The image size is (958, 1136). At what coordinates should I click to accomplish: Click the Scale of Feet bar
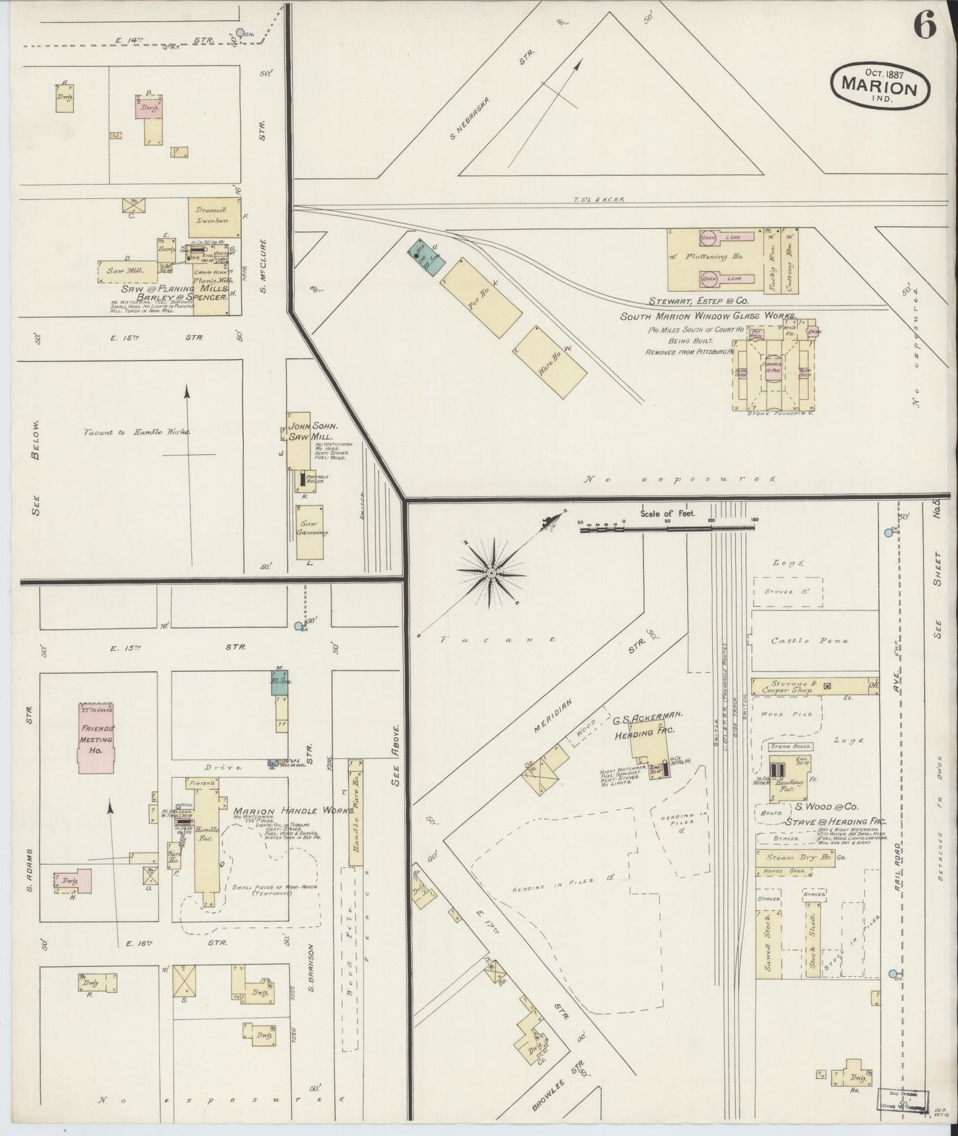coord(668,529)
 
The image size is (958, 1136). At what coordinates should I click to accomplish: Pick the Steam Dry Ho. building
coord(794,858)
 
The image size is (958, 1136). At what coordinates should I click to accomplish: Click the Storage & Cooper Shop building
coord(800,687)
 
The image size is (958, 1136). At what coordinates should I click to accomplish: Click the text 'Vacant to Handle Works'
coord(137,432)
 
